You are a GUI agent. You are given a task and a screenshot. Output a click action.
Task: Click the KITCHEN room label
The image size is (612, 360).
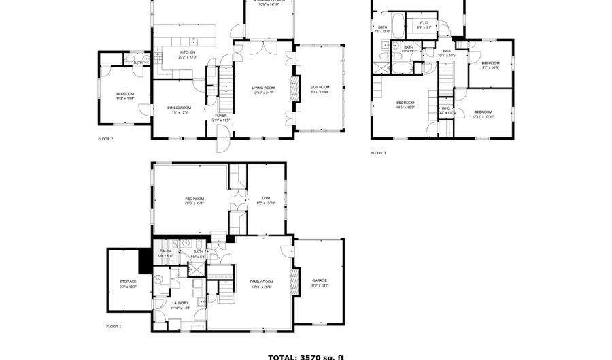(x=187, y=53)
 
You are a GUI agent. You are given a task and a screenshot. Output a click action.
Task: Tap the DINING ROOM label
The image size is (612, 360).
(x=180, y=108)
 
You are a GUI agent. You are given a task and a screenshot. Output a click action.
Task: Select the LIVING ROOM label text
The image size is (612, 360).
(x=263, y=88)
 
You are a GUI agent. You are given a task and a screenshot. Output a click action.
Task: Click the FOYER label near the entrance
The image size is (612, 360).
(x=221, y=116)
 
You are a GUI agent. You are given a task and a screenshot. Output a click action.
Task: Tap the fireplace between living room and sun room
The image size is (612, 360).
(x=295, y=88)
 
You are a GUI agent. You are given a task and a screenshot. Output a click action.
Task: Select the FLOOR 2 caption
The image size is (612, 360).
(x=105, y=139)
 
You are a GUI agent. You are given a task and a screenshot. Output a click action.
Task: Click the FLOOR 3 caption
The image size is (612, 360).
(x=378, y=153)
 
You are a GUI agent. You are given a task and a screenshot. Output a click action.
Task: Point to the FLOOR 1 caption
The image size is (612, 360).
(x=114, y=327)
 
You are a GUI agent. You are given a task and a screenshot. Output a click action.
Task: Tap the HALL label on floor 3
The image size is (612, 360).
(x=447, y=51)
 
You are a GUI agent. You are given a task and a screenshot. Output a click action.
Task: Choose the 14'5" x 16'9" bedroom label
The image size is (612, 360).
(x=405, y=103)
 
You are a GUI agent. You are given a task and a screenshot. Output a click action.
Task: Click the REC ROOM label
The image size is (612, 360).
(x=194, y=199)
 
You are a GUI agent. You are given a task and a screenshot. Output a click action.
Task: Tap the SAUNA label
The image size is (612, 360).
(x=167, y=251)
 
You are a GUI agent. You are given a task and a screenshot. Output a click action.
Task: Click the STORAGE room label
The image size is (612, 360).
(x=129, y=282)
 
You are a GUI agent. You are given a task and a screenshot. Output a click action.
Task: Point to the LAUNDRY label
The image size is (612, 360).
(x=180, y=304)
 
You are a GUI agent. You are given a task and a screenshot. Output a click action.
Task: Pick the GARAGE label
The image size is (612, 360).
(x=320, y=280)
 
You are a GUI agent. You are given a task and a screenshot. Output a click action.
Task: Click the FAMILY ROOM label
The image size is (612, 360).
(x=262, y=282)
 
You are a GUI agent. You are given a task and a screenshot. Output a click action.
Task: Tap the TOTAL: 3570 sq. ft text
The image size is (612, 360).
(x=306, y=356)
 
